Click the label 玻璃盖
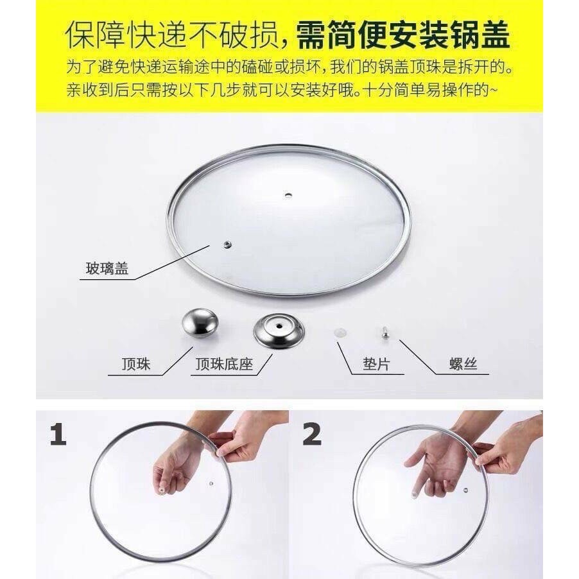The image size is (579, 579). click(x=107, y=268)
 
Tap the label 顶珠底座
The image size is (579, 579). click(x=224, y=365)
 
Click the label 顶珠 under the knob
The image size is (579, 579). click(x=136, y=365)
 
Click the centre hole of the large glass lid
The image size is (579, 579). click(x=227, y=243)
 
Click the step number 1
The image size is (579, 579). click(x=58, y=435)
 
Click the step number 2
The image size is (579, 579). click(x=312, y=435)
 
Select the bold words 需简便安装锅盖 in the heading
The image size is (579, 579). click(x=403, y=37)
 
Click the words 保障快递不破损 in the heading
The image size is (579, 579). click(x=172, y=37)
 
